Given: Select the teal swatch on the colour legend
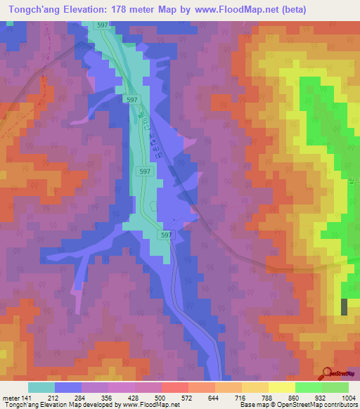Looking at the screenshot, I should coord(41,387).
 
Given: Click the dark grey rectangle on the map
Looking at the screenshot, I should coord(344,306).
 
